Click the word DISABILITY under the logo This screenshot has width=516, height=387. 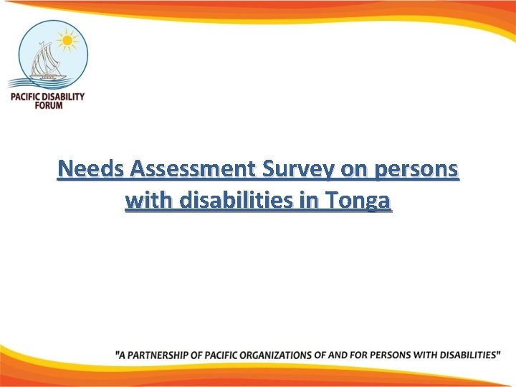[x=62, y=96]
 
